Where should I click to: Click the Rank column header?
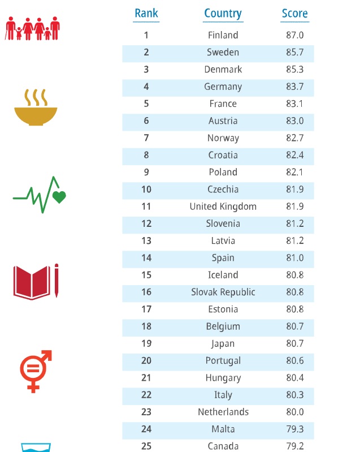click(x=146, y=13)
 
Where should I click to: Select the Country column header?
click(x=223, y=13)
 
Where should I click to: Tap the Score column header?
click(x=294, y=13)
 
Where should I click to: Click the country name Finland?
click(x=223, y=35)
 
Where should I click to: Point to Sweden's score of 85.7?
click(x=294, y=52)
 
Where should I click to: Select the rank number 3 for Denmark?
click(x=146, y=70)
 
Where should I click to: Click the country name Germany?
click(x=223, y=87)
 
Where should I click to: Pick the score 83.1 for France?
click(x=294, y=104)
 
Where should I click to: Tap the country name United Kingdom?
click(x=223, y=206)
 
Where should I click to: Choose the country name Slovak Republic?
click(x=223, y=292)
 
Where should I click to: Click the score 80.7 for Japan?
click(x=294, y=343)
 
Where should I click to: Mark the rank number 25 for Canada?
click(x=146, y=446)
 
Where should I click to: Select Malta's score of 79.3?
click(x=294, y=429)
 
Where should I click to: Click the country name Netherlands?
click(x=223, y=412)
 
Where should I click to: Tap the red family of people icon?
click(x=32, y=28)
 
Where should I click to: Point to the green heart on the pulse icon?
click(x=59, y=197)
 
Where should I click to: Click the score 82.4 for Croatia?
click(x=294, y=155)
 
